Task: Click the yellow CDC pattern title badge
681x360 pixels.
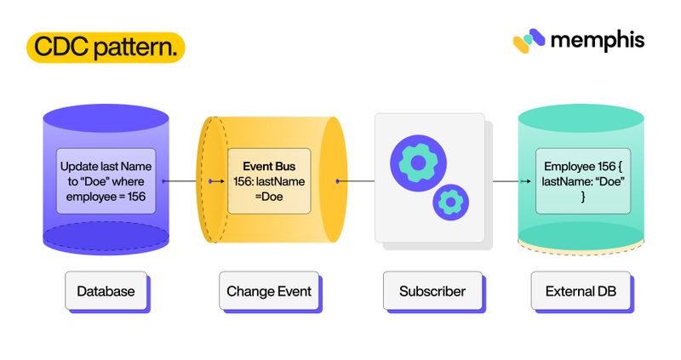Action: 106,48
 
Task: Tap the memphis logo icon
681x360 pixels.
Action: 529,41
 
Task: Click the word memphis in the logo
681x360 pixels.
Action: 598,41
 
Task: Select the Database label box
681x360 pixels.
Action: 106,291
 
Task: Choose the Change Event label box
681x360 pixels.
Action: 269,291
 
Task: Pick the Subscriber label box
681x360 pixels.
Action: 432,291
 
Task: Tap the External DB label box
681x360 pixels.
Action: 581,291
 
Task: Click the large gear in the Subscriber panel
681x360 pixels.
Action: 418,163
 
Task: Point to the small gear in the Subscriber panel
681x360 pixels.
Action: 451,202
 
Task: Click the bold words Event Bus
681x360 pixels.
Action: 269,166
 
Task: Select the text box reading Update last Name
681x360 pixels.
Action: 106,181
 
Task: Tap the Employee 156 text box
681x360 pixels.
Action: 583,181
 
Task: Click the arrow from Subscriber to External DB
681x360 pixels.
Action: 512,181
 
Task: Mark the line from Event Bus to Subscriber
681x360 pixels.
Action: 355,181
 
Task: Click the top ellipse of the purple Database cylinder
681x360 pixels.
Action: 106,118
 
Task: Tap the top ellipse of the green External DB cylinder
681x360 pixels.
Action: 581,118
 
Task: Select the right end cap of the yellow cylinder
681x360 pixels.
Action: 334,180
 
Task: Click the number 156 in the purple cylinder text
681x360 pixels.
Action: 136,197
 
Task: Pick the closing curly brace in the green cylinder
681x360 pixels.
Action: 583,197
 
